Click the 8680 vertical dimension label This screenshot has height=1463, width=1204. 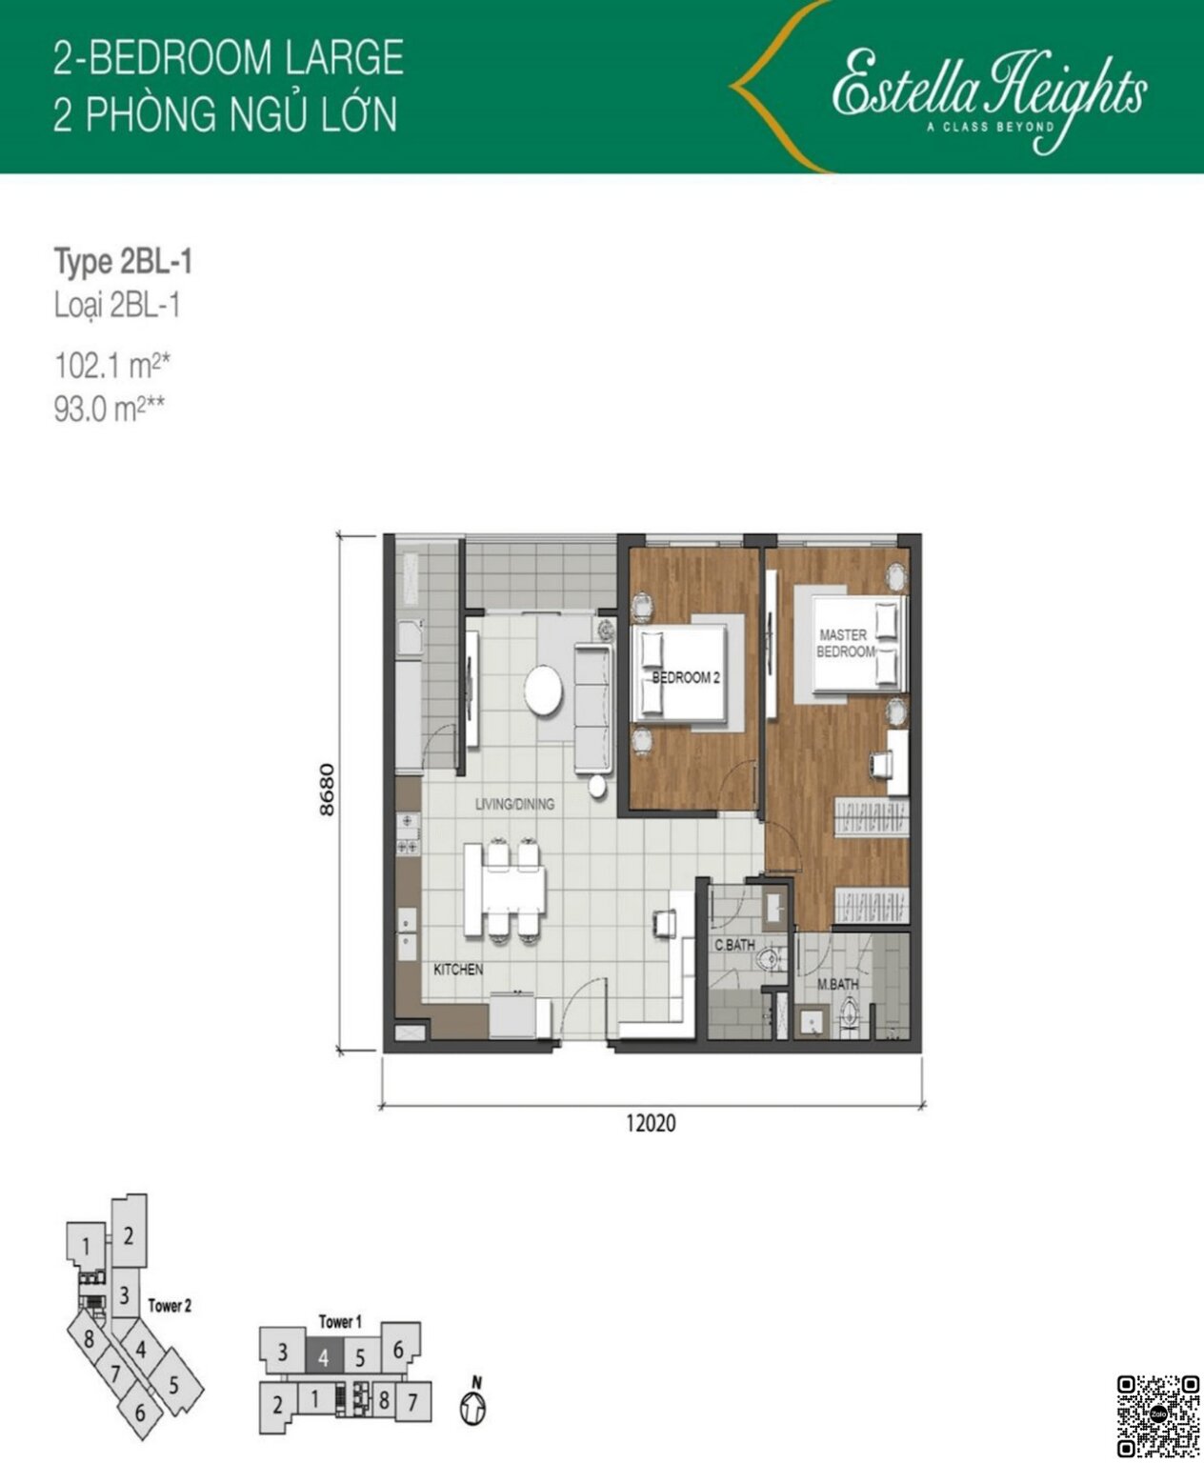point(329,790)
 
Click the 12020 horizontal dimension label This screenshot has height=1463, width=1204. point(652,1123)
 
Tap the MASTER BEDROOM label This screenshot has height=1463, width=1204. point(844,643)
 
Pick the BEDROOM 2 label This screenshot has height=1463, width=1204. point(686,678)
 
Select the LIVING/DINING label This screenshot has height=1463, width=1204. point(514,804)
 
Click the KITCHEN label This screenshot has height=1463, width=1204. point(458,970)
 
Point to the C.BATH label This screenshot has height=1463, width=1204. point(734,946)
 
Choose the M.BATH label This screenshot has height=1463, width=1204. point(838,984)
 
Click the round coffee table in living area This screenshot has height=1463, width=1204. point(543,689)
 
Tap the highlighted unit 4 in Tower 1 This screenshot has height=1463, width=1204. point(324,1357)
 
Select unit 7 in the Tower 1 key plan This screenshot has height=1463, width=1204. point(412,1402)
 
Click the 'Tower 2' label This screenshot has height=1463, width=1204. point(170,1306)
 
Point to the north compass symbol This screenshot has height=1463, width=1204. point(472,1406)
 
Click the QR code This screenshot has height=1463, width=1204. point(1158,1416)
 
